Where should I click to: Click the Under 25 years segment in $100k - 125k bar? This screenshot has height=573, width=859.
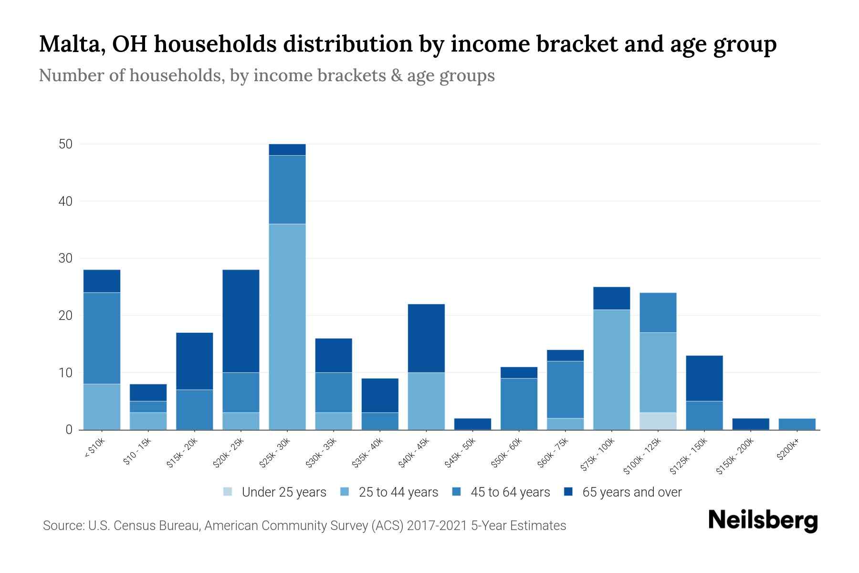(x=658, y=421)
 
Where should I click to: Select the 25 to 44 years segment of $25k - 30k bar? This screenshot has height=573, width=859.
(x=287, y=327)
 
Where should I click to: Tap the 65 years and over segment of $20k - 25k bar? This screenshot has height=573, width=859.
(x=241, y=321)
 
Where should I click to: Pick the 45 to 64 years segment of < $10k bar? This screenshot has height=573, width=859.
(x=102, y=338)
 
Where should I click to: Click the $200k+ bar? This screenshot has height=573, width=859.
(x=797, y=424)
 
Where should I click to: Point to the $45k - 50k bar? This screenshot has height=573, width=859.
(x=472, y=424)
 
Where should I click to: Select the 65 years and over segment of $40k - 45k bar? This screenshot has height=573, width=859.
(x=426, y=338)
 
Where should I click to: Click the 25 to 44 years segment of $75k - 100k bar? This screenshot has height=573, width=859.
(x=612, y=370)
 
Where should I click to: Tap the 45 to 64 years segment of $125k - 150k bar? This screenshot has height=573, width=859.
(x=704, y=415)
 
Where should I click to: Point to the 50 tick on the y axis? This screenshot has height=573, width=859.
(x=65, y=144)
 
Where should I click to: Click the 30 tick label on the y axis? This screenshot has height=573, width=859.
(x=65, y=258)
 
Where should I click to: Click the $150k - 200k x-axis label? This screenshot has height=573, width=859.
(x=735, y=457)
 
